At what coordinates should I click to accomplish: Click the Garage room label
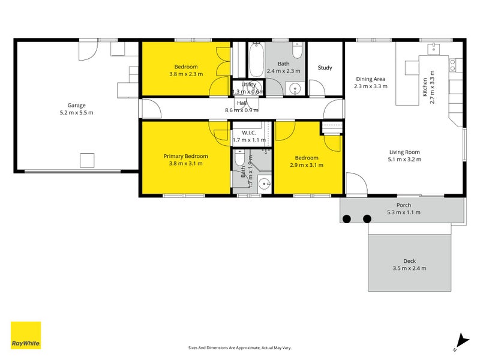click(x=76, y=104)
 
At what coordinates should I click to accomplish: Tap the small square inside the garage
click(x=88, y=160)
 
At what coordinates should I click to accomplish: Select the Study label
click(x=325, y=68)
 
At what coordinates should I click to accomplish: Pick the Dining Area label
click(x=370, y=79)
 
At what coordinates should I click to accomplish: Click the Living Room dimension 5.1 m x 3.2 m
click(x=405, y=160)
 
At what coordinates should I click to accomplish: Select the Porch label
click(x=404, y=205)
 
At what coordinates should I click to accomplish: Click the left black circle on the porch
click(x=347, y=219)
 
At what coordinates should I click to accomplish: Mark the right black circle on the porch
click(x=367, y=219)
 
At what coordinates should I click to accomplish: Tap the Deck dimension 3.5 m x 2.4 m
click(x=409, y=268)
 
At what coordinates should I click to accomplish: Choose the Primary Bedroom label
click(x=186, y=155)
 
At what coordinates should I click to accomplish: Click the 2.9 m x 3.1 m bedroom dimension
click(x=307, y=165)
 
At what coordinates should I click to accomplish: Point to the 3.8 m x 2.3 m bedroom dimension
click(x=186, y=74)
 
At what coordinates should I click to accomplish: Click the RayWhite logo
click(x=26, y=335)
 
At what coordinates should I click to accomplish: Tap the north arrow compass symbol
click(x=460, y=341)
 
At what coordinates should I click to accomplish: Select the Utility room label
click(x=248, y=85)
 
